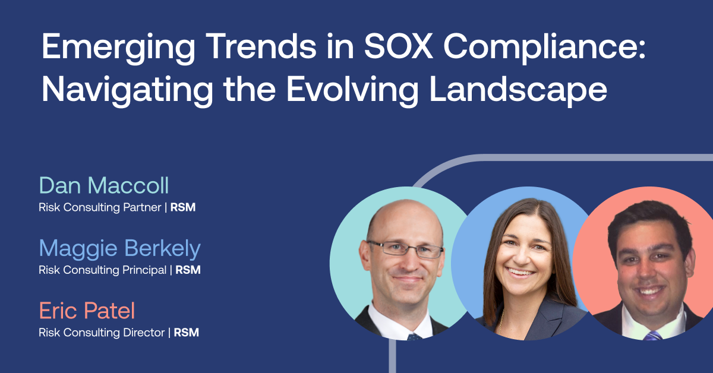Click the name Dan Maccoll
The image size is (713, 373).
(x=104, y=185)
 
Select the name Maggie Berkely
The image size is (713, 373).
(x=119, y=248)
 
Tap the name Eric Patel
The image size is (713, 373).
(x=87, y=311)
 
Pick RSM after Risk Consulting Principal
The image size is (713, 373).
(x=188, y=270)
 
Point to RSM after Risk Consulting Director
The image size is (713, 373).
(x=187, y=333)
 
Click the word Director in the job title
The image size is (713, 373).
(x=143, y=333)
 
